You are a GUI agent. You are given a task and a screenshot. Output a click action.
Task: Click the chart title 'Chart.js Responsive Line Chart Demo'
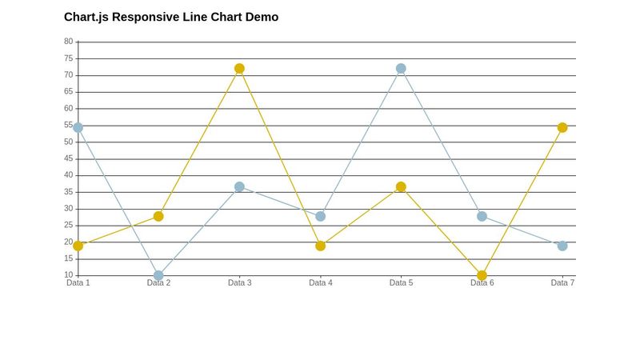(171, 17)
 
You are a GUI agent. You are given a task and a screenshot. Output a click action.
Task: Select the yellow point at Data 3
(239, 69)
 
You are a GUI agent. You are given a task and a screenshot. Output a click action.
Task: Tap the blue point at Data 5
(401, 69)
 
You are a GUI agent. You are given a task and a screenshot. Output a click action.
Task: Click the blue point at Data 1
(78, 127)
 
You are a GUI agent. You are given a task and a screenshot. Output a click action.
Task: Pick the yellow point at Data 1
(78, 246)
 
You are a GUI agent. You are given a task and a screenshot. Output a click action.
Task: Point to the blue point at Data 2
(158, 275)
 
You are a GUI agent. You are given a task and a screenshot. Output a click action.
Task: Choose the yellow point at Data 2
(158, 216)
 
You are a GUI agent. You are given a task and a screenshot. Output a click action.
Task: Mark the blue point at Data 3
(239, 187)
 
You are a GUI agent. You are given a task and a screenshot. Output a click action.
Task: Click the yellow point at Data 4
(320, 246)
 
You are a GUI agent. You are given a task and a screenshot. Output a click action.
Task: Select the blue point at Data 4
(320, 216)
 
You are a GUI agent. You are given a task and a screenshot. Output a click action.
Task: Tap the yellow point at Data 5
(401, 187)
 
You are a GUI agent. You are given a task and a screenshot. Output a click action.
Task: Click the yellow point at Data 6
(482, 275)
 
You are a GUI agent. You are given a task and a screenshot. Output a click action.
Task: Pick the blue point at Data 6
(482, 216)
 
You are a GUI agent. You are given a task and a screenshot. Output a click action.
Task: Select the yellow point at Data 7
(562, 127)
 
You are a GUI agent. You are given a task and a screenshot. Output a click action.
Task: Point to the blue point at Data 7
(562, 246)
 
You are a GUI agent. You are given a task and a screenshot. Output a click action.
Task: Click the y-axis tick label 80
(68, 42)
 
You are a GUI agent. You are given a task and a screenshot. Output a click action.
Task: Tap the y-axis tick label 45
(68, 158)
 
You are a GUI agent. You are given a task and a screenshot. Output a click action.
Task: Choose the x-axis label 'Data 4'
(320, 283)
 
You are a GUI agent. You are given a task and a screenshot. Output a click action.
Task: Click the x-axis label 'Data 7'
(562, 283)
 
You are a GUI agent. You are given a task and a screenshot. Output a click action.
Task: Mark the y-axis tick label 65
(68, 92)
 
